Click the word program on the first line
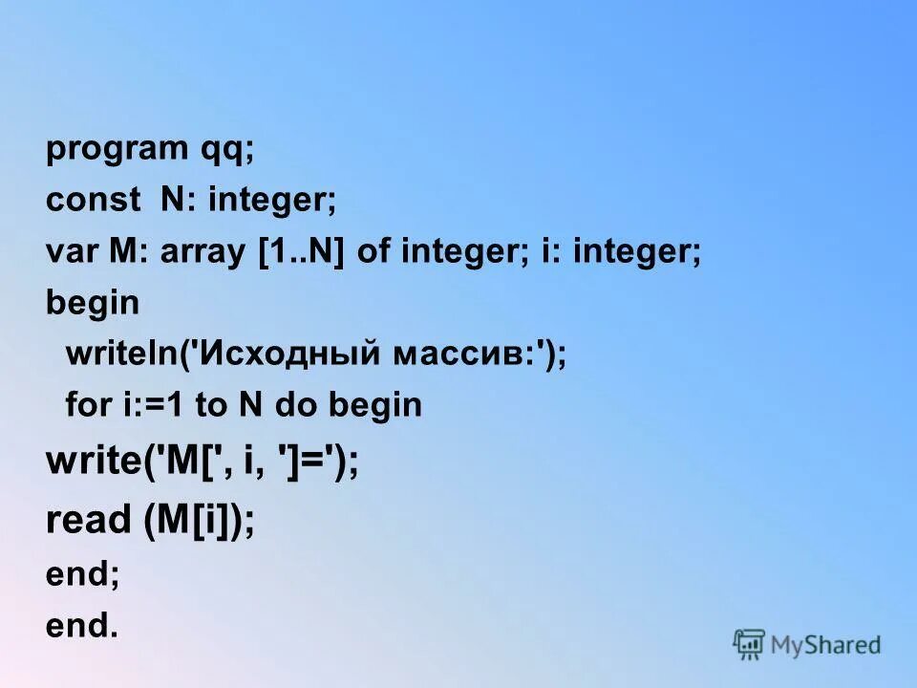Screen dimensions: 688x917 (x=117, y=150)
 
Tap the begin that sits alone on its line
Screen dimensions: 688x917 (x=93, y=304)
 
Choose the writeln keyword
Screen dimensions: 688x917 (x=116, y=354)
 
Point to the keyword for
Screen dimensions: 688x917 (x=87, y=405)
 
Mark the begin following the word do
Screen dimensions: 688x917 (x=374, y=405)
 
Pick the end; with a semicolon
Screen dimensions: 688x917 (x=83, y=575)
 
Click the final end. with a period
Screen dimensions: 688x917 (x=82, y=626)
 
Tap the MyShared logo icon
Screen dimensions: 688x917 (x=750, y=645)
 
